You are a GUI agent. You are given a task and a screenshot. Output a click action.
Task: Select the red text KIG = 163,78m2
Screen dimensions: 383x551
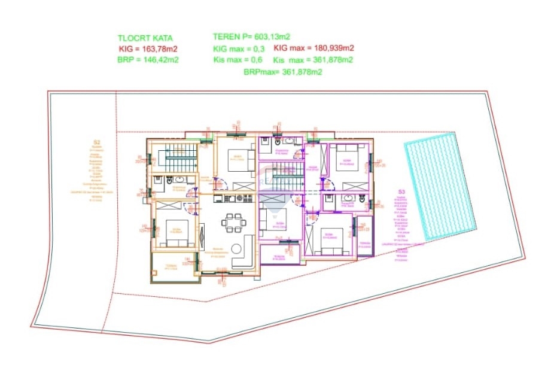149,48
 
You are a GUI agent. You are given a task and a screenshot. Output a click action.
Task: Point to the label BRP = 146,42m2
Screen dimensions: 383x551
149,60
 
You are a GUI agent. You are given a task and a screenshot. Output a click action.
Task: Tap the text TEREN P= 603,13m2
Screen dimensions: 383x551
252,37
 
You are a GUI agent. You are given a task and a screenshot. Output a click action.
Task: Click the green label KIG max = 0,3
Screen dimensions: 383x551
239,48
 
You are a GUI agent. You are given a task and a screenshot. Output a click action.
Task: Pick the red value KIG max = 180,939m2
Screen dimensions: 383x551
313,48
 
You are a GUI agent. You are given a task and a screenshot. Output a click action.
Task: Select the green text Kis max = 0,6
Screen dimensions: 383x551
239,60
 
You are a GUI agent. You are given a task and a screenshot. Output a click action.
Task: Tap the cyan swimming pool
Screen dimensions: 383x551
440,190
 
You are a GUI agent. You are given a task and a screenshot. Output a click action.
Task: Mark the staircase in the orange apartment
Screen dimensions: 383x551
180,158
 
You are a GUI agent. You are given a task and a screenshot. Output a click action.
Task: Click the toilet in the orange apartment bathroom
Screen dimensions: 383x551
170,179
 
